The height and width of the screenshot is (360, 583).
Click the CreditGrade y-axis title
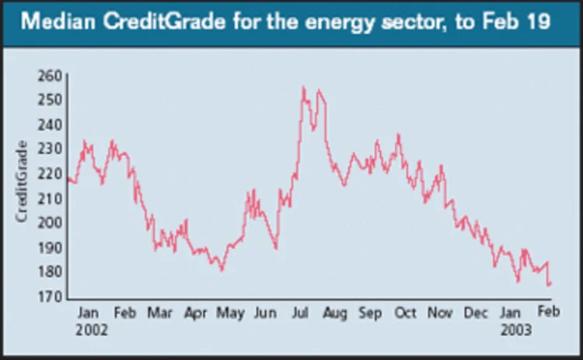tap(23, 181)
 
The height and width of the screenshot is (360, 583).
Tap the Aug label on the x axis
tap(335, 313)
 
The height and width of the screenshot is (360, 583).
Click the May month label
tap(230, 313)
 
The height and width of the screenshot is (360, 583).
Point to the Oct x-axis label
tap(405, 313)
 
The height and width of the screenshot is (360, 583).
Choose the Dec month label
tap(475, 313)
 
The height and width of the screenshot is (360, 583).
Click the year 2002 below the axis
tap(93, 330)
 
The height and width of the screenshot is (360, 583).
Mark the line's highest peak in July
tap(303, 87)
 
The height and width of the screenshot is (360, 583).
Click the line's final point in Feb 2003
tap(550, 285)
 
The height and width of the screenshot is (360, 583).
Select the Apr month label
tap(195, 313)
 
